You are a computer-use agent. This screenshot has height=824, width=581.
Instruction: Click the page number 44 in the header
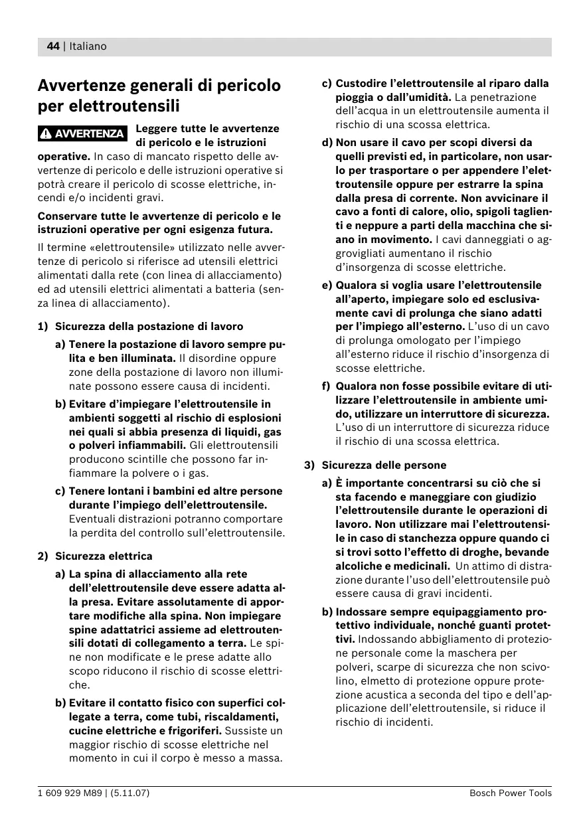coord(52,46)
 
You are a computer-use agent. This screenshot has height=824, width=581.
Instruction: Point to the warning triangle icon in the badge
coord(46,134)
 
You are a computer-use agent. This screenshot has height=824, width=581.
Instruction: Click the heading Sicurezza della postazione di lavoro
coord(149,326)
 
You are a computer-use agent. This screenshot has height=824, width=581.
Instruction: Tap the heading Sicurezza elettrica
coord(104,556)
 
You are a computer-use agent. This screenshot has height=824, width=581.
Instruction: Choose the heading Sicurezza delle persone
coord(384,465)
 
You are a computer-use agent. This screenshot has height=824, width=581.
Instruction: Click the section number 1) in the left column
coord(43,326)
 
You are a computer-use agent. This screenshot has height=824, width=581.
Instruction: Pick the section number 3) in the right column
coord(309,465)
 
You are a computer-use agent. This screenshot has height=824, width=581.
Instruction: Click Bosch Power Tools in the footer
coord(510,793)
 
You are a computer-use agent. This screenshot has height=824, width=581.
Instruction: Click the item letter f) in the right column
coord(326,386)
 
